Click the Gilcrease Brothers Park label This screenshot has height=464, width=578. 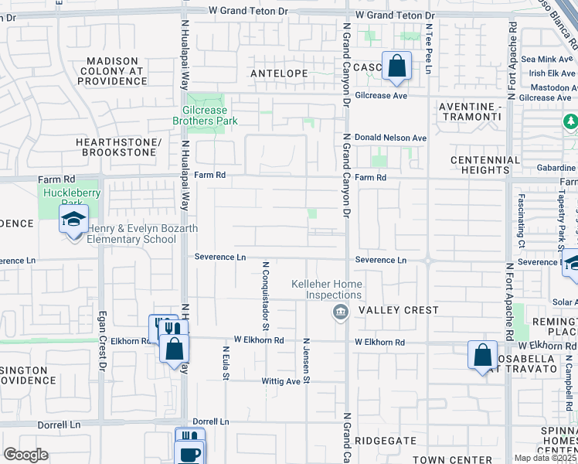pos(204,116)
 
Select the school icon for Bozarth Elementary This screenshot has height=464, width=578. pos(74,221)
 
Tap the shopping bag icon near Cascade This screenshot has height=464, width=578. pos(396,68)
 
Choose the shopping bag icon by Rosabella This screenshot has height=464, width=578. pos(483,357)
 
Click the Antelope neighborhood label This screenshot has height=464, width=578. pos(279,73)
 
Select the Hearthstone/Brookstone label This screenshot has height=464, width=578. pos(118,148)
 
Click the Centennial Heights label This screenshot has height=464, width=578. pos(485,165)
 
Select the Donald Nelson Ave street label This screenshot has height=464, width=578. pos(391,138)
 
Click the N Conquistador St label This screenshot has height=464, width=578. pos(265,290)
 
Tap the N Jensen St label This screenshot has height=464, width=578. pos(307,360)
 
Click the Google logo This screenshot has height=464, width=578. pos(25,455)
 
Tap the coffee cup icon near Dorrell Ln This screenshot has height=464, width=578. pos(190,454)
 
